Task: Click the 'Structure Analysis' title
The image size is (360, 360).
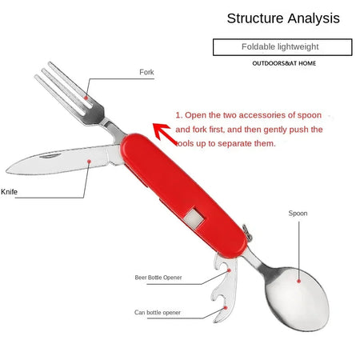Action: pos(283,18)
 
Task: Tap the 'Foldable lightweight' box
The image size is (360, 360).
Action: pos(282,47)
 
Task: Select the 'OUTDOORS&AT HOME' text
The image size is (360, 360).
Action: pos(284,63)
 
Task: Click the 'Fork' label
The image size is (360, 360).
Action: pos(146,72)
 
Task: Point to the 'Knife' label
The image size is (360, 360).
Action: pos(9,192)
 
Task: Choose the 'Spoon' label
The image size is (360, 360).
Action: pos(298,214)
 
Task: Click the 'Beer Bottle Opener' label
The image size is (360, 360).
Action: pos(158,278)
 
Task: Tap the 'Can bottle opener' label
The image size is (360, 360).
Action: pos(158,312)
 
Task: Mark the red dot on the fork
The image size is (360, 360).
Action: pos(86,98)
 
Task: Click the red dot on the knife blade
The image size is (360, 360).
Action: pos(90,162)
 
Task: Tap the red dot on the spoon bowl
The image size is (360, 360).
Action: pos(298,281)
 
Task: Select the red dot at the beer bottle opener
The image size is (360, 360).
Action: pos(229,270)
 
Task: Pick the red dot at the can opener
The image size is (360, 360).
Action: pos(226,308)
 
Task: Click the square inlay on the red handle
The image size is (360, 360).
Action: pos(194,218)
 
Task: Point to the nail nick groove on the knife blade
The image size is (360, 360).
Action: pos(50,156)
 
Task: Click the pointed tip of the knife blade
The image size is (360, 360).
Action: pos(6,170)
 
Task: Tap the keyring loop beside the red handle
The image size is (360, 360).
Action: pos(248,233)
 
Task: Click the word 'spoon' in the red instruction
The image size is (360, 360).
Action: pos(310,115)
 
